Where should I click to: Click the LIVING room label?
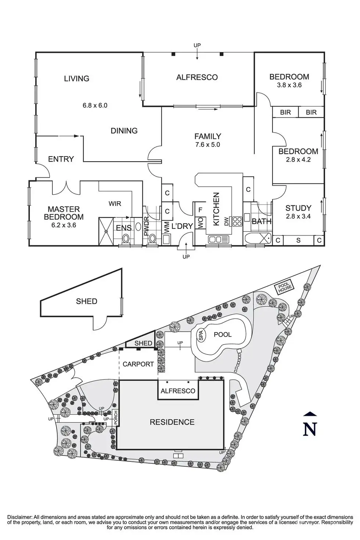tap(76, 78)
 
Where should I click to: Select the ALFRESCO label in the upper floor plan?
tap(197, 77)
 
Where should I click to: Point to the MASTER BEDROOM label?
tap(64, 213)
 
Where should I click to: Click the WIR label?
tap(115, 204)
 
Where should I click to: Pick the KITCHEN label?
tap(216, 209)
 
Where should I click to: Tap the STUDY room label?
tap(298, 208)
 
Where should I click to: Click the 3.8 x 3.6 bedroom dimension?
tap(289, 85)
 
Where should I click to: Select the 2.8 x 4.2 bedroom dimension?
tap(298, 160)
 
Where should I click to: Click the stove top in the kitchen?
tap(237, 221)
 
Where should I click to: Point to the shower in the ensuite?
tap(106, 231)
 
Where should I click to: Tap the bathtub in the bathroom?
tap(257, 238)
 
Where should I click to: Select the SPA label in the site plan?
tap(201, 336)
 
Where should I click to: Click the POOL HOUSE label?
tap(284, 288)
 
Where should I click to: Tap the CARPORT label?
tap(138, 364)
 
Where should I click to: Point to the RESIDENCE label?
tap(172, 422)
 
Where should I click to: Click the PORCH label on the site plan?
tap(116, 418)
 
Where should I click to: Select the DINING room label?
tap(124, 131)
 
